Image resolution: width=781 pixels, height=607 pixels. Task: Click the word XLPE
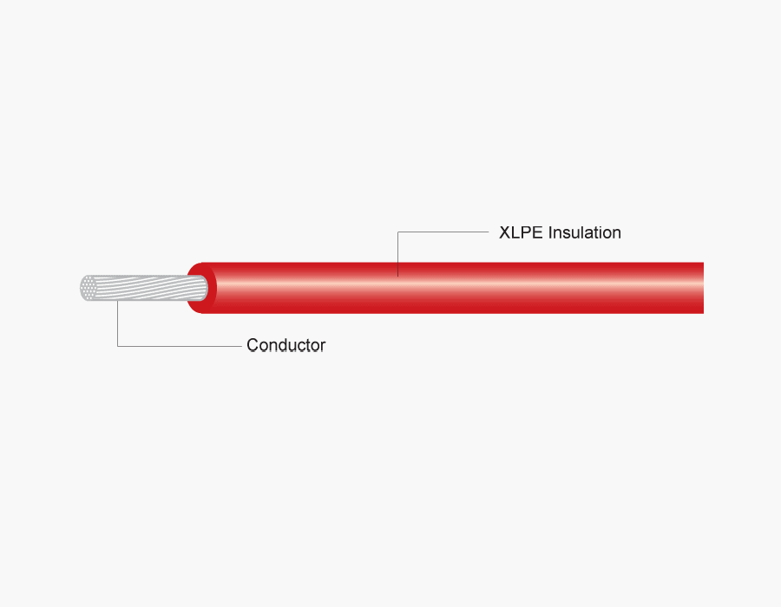click(x=521, y=232)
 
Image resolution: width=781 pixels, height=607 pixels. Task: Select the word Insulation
click(x=584, y=232)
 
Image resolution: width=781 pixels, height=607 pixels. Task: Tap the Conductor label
click(x=285, y=345)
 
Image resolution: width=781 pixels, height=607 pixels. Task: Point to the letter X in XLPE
click(x=504, y=232)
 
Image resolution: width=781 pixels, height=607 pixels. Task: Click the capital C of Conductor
click(x=253, y=345)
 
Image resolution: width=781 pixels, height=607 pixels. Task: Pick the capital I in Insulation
click(x=550, y=232)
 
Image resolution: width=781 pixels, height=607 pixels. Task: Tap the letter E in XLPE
click(x=537, y=232)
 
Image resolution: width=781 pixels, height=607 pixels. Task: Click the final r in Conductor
click(x=323, y=347)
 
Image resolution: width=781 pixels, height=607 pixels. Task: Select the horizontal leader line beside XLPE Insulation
click(x=443, y=232)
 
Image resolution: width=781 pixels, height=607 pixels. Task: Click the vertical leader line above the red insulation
click(x=397, y=254)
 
